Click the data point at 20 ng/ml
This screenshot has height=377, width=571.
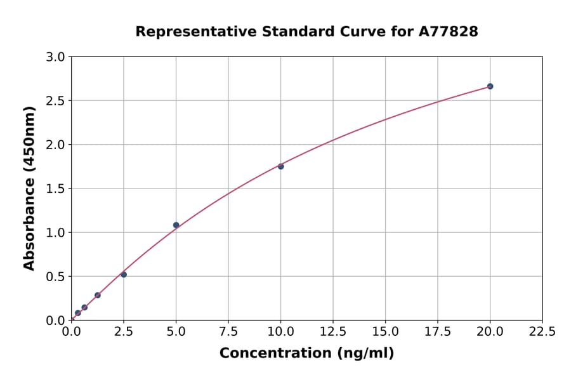point(490,86)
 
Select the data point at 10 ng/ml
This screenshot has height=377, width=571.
point(280,166)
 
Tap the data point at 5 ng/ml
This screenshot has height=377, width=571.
point(176,225)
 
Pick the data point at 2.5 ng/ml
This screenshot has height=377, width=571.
point(124,275)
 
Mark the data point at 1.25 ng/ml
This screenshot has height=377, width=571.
point(98,295)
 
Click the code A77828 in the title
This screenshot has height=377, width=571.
point(449,31)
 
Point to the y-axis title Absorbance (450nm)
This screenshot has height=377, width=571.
point(29,189)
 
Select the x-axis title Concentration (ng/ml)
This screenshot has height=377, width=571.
point(306,354)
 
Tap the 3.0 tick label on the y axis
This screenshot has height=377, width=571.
point(56,57)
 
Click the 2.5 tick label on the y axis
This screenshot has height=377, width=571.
point(56,101)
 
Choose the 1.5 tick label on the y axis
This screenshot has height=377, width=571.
point(56,189)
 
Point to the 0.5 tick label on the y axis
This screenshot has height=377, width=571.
point(56,277)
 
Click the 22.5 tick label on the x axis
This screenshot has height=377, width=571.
point(542,331)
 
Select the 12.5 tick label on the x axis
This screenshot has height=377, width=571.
point(333,331)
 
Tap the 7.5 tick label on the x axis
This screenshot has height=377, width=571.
point(228,331)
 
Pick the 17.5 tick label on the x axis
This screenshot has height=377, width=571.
point(438,331)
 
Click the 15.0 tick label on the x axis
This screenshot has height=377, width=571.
point(385,331)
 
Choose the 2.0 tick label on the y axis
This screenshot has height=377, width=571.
point(56,145)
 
